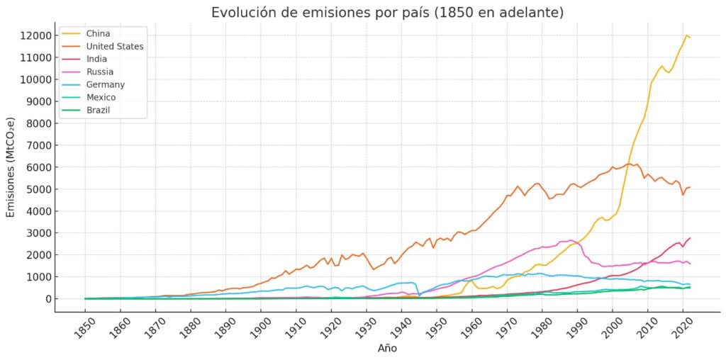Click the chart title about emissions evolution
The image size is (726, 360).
click(x=387, y=13)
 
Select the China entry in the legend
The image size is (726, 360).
click(x=98, y=33)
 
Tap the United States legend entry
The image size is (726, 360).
click(x=114, y=46)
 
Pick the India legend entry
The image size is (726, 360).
click(x=96, y=59)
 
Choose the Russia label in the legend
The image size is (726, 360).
click(x=99, y=72)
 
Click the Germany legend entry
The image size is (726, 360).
click(x=105, y=84)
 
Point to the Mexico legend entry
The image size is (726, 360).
click(x=101, y=97)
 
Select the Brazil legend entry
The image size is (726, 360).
click(x=98, y=110)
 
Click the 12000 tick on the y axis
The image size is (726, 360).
click(x=35, y=35)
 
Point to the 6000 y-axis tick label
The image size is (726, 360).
click(x=38, y=167)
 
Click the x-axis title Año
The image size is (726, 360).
click(x=387, y=349)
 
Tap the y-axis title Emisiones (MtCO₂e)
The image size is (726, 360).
click(x=11, y=167)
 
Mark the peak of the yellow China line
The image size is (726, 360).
click(x=686, y=35)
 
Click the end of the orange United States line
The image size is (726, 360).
click(x=690, y=187)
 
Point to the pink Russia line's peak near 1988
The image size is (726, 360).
click(x=571, y=240)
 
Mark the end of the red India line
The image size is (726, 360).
click(x=690, y=238)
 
